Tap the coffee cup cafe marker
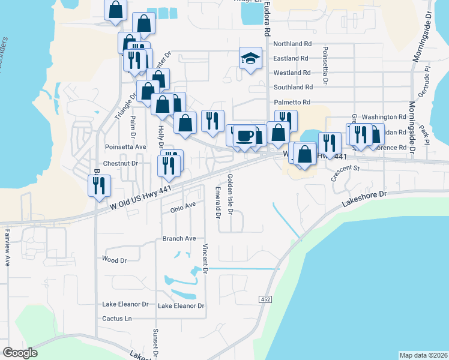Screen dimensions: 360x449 (244, 135)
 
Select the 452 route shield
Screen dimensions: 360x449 (265, 299)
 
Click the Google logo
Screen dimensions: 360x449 (20, 353)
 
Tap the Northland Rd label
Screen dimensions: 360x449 (292, 44)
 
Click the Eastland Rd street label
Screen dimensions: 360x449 (291, 58)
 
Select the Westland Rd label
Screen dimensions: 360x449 (292, 73)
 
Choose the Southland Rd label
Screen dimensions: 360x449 (293, 88)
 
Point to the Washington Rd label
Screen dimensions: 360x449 (384, 116)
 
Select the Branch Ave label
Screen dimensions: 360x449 (179, 238)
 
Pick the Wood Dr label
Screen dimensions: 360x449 (115, 260)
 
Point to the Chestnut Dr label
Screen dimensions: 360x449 (121, 163)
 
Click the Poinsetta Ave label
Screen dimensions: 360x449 (125, 146)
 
